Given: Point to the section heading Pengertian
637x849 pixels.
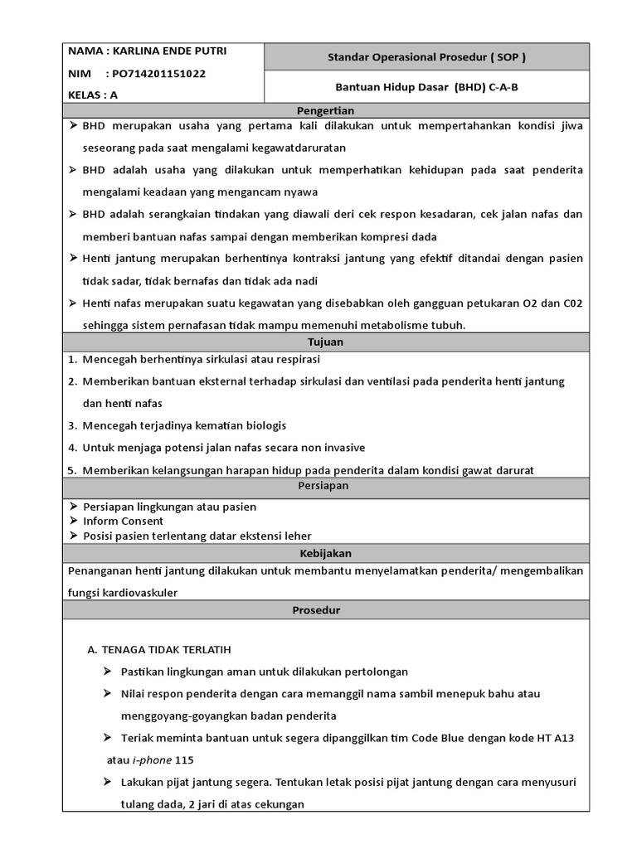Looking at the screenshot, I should tap(325, 110).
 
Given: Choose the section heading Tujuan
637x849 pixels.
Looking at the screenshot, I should tap(325, 342).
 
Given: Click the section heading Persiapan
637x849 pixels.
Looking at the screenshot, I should tap(325, 485).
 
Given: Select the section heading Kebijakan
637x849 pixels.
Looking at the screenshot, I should tap(325, 553).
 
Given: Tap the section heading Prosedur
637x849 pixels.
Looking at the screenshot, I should tap(325, 610).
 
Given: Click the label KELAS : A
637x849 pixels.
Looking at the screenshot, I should tap(94, 95).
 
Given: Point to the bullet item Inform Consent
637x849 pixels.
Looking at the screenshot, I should tap(123, 521).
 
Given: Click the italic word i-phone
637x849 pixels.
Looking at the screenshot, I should tap(147, 759).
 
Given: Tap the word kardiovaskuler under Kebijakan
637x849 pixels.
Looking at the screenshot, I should tap(139, 592).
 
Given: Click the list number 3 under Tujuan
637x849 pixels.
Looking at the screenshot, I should tap(72, 425).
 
